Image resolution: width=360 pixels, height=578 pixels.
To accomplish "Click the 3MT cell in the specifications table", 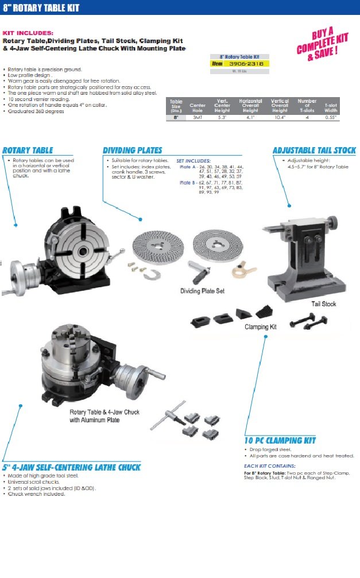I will (x=198, y=117).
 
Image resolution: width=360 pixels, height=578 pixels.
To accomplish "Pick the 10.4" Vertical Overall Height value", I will (x=280, y=117).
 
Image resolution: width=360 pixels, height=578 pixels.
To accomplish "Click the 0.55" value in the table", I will (x=331, y=117).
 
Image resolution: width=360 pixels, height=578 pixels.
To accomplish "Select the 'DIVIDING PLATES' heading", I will (x=133, y=150).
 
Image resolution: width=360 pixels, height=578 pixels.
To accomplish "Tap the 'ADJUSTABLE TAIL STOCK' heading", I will (x=314, y=151).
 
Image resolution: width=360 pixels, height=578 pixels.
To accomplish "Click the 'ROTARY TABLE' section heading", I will (x=28, y=150).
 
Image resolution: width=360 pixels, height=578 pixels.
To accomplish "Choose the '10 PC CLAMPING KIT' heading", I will (x=280, y=441).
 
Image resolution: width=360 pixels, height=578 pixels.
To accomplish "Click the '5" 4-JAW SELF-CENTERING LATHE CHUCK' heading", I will (x=71, y=467).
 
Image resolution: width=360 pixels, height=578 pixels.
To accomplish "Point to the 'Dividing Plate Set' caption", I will (x=202, y=291).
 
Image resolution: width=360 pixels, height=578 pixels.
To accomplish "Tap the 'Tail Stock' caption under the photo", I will (x=324, y=303).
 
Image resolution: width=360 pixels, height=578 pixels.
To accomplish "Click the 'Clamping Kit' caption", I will (x=261, y=326).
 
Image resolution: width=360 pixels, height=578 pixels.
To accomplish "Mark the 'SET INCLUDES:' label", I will (x=193, y=161).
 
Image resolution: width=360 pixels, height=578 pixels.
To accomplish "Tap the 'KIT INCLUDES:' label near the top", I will (x=28, y=33).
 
